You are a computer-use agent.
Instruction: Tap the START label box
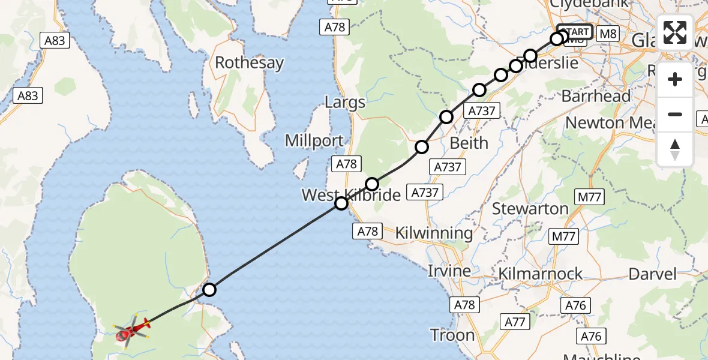point(575,32)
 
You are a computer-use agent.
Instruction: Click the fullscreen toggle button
point(675,32)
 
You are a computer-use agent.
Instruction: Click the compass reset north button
point(675,149)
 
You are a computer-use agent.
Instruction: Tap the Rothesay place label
point(249,62)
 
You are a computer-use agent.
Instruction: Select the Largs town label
point(345,102)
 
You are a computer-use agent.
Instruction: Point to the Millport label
point(314,141)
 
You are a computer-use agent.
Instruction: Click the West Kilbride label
point(351,195)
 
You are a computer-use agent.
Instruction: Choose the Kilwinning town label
point(434,233)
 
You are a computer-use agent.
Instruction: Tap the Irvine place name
point(449,271)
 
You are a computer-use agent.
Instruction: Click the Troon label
point(452,335)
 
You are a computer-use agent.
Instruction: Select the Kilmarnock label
point(541,274)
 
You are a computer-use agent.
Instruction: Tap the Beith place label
point(469,143)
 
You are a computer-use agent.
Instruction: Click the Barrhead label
point(596,96)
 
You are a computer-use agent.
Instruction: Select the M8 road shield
point(608,34)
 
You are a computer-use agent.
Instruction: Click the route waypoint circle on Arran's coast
point(209,290)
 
